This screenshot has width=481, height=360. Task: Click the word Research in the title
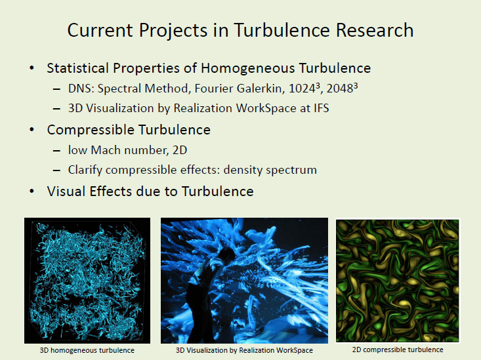(375, 30)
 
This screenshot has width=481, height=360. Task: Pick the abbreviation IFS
(321, 108)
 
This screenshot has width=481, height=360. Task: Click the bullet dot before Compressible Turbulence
(31, 130)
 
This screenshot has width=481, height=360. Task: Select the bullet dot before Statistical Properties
(31, 68)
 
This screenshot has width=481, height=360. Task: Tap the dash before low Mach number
(56, 151)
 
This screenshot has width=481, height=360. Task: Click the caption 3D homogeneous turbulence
(87, 350)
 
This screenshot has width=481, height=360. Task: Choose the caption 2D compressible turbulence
(398, 350)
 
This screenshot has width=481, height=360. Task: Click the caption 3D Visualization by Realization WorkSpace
(244, 350)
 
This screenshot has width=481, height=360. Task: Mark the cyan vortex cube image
(87, 281)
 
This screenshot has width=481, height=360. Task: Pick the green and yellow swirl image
(398, 281)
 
